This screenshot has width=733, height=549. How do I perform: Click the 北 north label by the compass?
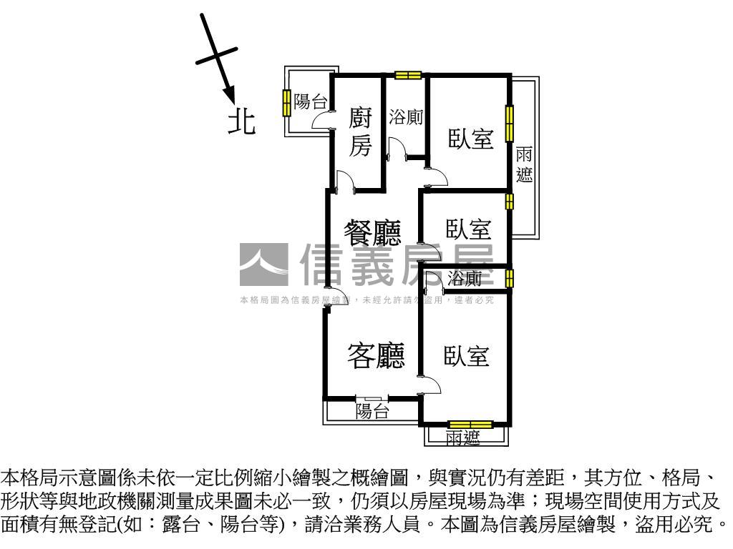[x=242, y=121]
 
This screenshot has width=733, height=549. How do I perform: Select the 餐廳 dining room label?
[x=372, y=232]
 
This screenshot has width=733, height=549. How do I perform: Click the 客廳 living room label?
[x=376, y=355]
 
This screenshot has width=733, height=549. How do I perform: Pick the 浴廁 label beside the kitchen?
[x=406, y=118]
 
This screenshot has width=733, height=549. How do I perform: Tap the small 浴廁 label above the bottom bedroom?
[x=465, y=279]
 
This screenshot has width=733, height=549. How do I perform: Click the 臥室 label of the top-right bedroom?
[x=471, y=138]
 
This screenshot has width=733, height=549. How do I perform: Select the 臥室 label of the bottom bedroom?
[x=466, y=355]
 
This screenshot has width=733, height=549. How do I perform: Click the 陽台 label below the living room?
[x=372, y=411]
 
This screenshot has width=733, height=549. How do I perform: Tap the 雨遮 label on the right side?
[x=525, y=164]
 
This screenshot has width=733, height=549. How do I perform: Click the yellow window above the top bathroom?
[x=408, y=75]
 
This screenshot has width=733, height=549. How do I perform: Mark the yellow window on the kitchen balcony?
[x=286, y=103]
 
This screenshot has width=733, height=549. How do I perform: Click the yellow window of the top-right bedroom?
[x=510, y=123]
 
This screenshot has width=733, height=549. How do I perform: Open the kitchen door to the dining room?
[x=345, y=182]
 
